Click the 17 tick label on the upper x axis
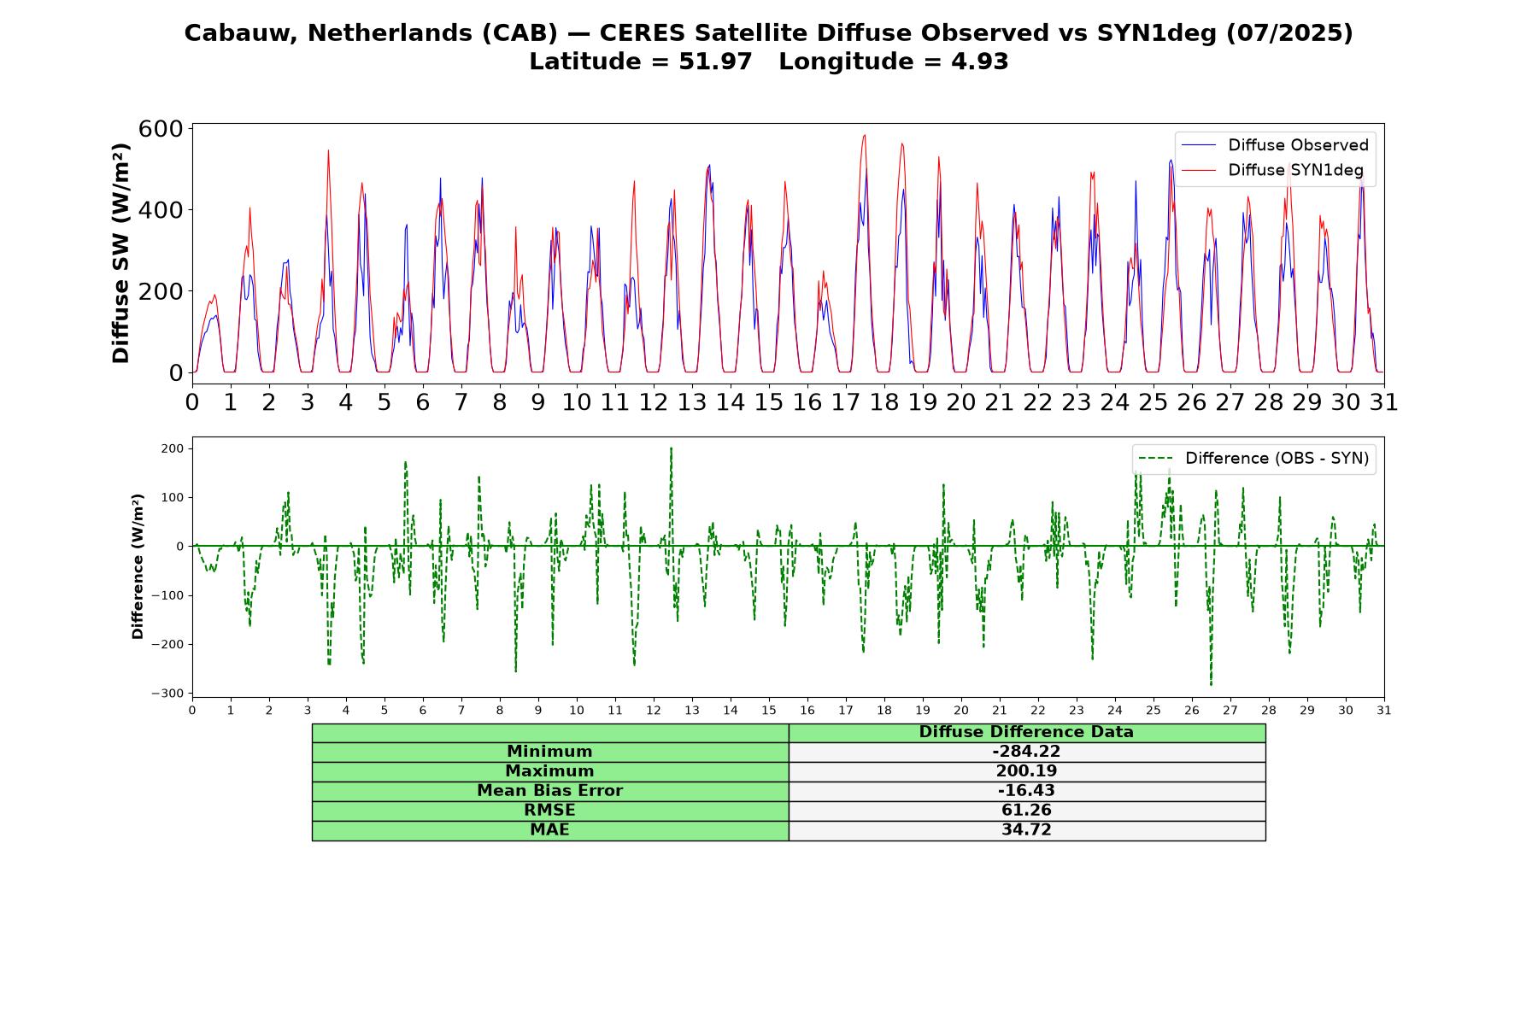click(x=846, y=401)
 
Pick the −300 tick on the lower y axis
click(x=168, y=694)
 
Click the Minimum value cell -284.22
click(x=1026, y=752)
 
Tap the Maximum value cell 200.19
click(x=1026, y=771)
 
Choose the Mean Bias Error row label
click(x=549, y=791)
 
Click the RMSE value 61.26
click(x=1026, y=811)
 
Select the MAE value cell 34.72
click(x=1026, y=830)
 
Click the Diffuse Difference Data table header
click(x=1026, y=732)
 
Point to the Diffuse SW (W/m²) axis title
click(x=120, y=254)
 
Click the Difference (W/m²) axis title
click(x=138, y=567)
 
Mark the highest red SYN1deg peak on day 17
click(x=865, y=135)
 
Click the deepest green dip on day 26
click(x=1211, y=684)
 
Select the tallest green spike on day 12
click(x=671, y=448)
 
